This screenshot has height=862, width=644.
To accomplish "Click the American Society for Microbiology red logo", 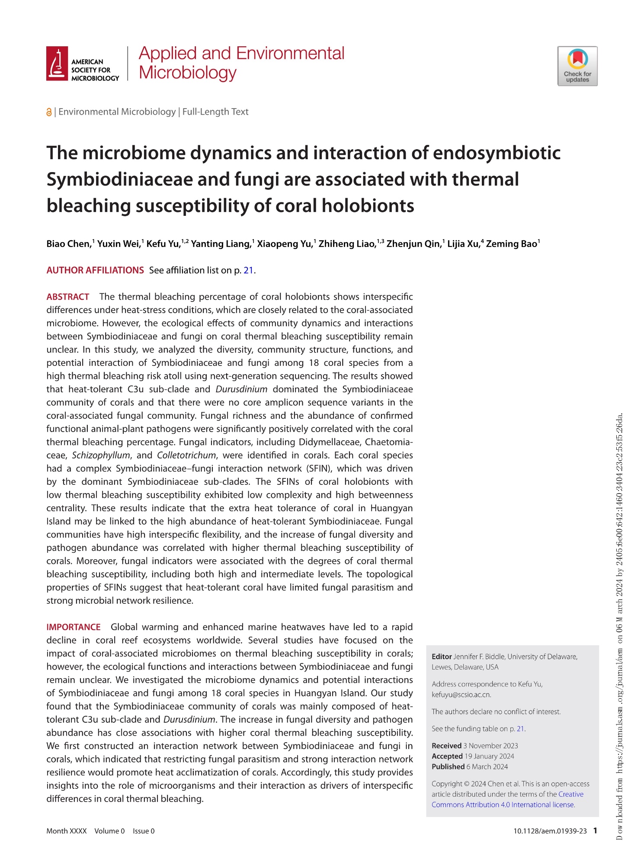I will click(x=57, y=64).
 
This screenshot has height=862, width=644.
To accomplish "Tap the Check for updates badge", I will click(x=577, y=66).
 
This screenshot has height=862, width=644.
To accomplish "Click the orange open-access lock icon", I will click(x=49, y=112).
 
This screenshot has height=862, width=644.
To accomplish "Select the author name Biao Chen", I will click(x=68, y=244).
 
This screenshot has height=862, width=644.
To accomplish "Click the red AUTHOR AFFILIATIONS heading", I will click(x=95, y=270).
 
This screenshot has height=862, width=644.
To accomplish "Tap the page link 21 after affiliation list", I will click(x=248, y=270).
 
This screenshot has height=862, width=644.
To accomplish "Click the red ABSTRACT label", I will click(x=68, y=297).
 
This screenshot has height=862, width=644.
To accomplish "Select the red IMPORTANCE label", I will click(x=74, y=627).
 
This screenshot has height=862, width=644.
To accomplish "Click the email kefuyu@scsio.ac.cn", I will click(x=461, y=695).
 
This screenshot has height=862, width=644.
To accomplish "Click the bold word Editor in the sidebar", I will click(x=442, y=657).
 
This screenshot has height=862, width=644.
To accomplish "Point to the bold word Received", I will click(x=446, y=746).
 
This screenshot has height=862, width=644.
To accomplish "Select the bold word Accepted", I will click(x=447, y=756).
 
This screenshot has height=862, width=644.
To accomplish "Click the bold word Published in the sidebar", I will click(x=448, y=766).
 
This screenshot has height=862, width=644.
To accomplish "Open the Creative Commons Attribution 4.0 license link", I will click(x=503, y=804).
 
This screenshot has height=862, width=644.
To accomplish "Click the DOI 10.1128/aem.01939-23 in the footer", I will click(x=550, y=831).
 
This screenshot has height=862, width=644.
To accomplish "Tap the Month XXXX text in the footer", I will click(x=67, y=831).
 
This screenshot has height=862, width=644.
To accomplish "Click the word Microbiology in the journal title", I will click(x=188, y=73).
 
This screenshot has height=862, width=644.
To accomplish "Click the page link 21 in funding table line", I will click(x=520, y=729).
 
